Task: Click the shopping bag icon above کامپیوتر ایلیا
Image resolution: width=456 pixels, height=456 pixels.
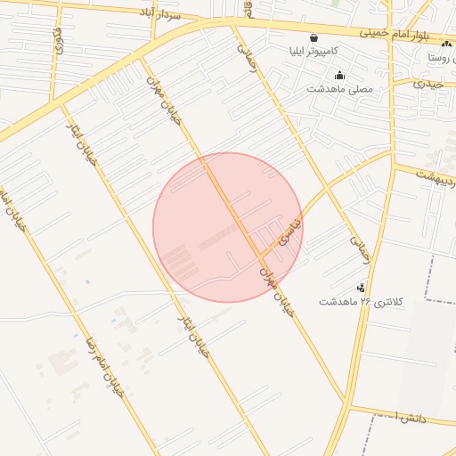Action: pos(313,37)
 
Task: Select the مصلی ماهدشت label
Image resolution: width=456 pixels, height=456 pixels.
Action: pos(339,89)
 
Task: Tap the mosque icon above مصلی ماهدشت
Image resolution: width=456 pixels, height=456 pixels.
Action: pos(339,76)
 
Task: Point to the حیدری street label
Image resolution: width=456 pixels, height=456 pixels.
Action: pos(427,84)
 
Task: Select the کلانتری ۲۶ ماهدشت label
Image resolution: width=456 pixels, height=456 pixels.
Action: pos(361,302)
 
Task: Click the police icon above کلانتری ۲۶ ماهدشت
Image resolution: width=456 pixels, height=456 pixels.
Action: pos(361,288)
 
